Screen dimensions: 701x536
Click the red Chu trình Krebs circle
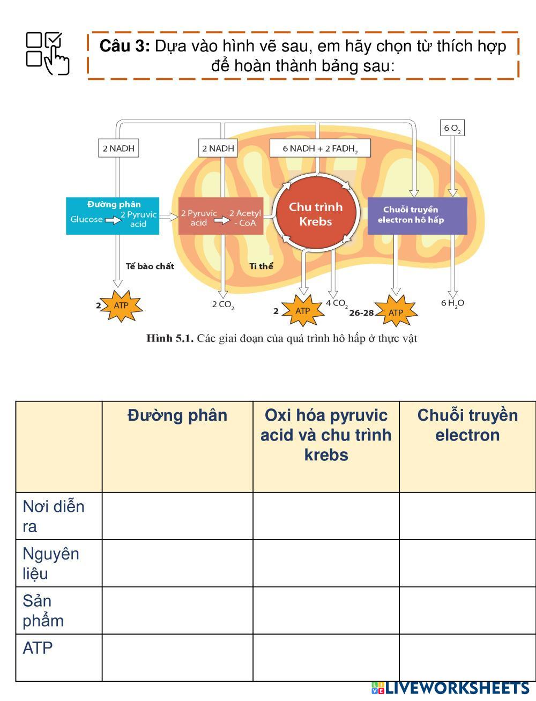pos(315,214)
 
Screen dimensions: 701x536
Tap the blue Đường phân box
pos(113,215)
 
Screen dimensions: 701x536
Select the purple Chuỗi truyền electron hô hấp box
pos(417,215)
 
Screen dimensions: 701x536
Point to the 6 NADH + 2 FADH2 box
pos(319,148)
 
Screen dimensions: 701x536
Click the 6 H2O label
pos(452,303)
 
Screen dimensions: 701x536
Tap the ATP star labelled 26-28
pos(396,312)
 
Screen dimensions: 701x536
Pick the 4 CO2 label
pos(337,303)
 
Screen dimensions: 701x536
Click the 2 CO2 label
pos(223,305)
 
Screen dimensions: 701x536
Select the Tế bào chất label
pos(150,266)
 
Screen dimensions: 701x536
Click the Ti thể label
pos(261,266)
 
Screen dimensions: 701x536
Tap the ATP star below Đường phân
pos(122,305)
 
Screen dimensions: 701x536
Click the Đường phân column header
pos(177,416)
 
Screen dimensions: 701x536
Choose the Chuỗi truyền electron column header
pos(467,425)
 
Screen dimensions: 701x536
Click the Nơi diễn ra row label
pos(54,516)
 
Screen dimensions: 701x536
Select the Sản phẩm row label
pos(43,610)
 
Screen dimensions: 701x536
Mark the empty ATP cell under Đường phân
pos(177,658)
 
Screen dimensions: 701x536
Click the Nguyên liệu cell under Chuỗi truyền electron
pos(467,563)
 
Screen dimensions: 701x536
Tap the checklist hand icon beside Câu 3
pos(48,53)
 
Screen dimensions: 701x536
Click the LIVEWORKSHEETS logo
pos(450,688)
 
